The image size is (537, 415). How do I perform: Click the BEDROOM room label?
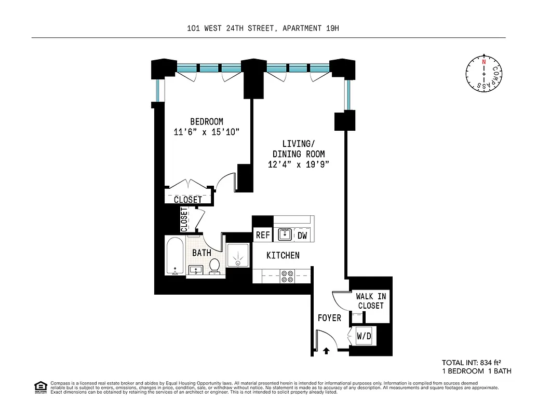point(206,121)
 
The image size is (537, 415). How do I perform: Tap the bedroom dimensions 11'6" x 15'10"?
point(206,132)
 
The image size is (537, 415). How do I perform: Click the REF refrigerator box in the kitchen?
point(263,235)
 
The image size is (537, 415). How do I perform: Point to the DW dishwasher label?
point(302,235)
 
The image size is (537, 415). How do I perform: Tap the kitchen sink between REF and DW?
point(285,235)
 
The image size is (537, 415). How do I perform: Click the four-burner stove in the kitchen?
point(287,276)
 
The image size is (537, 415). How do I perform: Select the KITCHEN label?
point(283,255)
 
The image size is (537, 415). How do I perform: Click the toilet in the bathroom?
point(214,267)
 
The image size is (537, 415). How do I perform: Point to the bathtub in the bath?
point(174,256)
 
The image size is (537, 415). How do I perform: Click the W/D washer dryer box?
point(364,336)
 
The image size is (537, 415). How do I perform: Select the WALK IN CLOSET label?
point(370,301)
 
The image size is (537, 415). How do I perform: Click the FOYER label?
point(329,317)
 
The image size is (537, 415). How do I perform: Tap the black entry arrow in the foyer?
point(326,351)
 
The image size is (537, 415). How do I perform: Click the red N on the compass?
point(484,62)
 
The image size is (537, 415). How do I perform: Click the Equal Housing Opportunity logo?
point(40,386)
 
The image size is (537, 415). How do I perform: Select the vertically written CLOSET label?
point(184,219)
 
